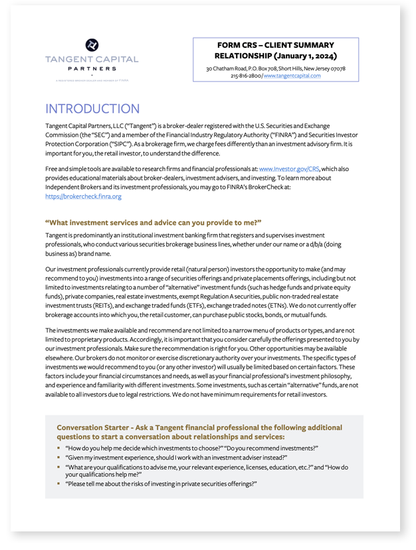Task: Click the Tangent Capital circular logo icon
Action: (x=92, y=45)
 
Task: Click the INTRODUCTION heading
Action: (x=92, y=109)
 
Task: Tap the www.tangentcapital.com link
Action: (x=292, y=76)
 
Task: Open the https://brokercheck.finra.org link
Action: (x=83, y=196)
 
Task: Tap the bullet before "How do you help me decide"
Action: (x=58, y=448)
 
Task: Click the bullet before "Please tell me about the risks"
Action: (x=58, y=484)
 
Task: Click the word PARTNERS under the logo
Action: (x=92, y=68)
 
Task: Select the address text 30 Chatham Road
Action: (x=230, y=68)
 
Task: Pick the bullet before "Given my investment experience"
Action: (x=58, y=458)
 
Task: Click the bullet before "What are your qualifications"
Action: (x=58, y=467)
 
